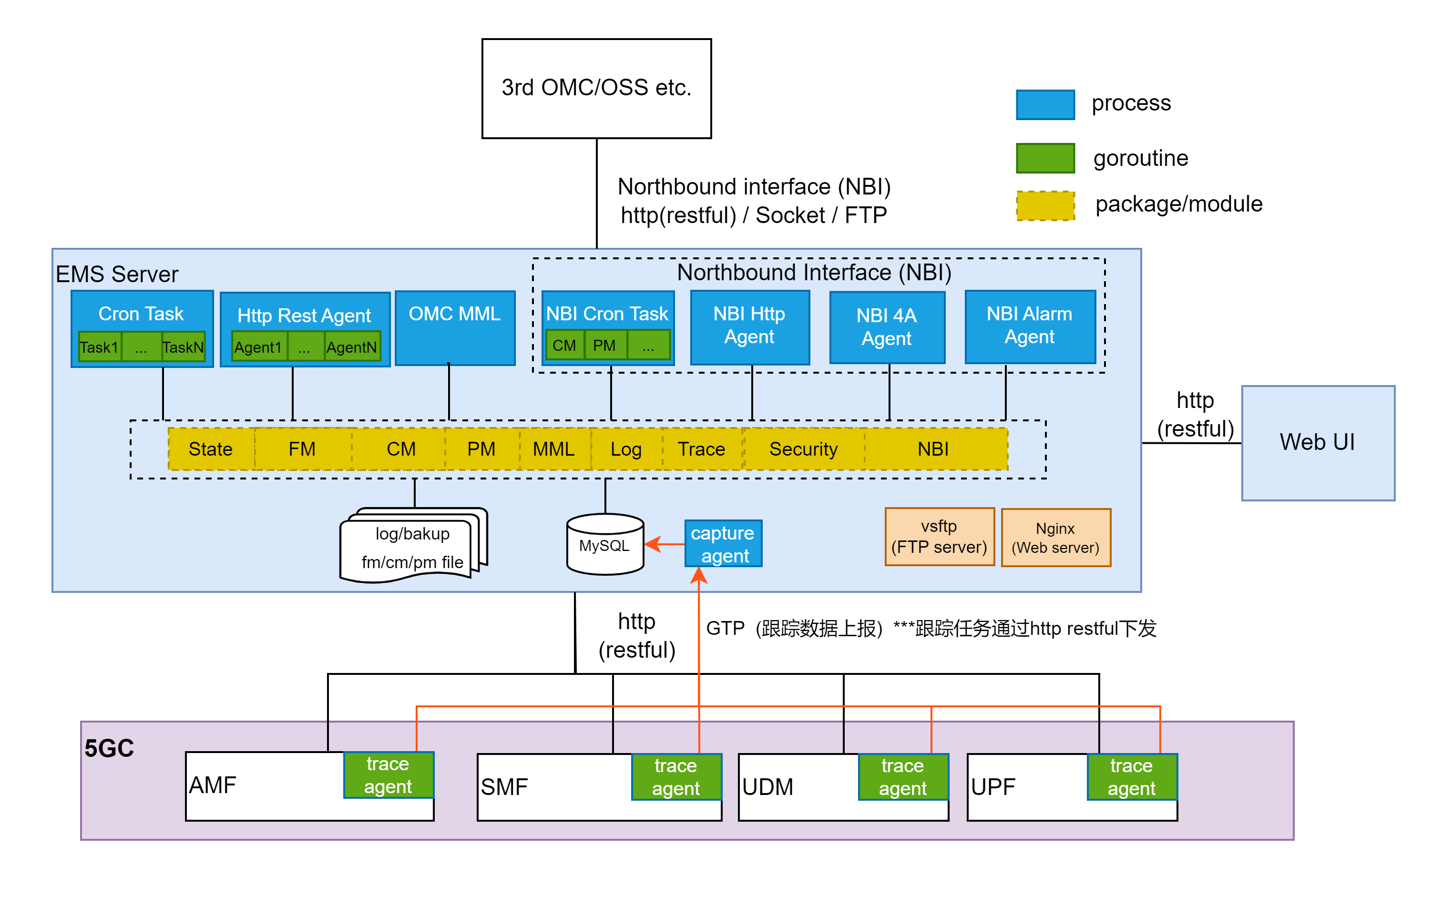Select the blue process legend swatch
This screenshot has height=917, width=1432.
pyautogui.click(x=1044, y=105)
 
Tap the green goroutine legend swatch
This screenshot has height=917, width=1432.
pyautogui.click(x=1044, y=158)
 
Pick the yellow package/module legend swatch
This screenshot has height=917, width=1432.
pyautogui.click(x=1044, y=205)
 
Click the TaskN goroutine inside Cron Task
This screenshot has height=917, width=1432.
pyautogui.click(x=183, y=346)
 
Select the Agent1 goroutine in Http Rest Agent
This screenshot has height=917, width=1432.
pyautogui.click(x=258, y=346)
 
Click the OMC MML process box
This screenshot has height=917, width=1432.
pyautogui.click(x=455, y=327)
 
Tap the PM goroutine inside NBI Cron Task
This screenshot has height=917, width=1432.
pyautogui.click(x=604, y=346)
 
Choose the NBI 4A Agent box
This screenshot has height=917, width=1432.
pyautogui.click(x=887, y=327)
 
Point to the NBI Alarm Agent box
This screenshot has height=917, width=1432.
pyautogui.click(x=1030, y=326)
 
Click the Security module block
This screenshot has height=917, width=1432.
pyautogui.click(x=803, y=449)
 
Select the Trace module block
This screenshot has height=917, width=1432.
pyautogui.click(x=701, y=449)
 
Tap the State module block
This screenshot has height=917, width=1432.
pyautogui.click(x=211, y=449)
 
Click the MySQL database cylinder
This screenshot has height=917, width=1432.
pyautogui.click(x=604, y=544)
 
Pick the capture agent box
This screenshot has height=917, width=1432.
pyautogui.click(x=723, y=544)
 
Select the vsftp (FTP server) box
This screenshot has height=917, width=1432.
pyautogui.click(x=939, y=537)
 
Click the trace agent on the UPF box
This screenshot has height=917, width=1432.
pyautogui.click(x=1131, y=776)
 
